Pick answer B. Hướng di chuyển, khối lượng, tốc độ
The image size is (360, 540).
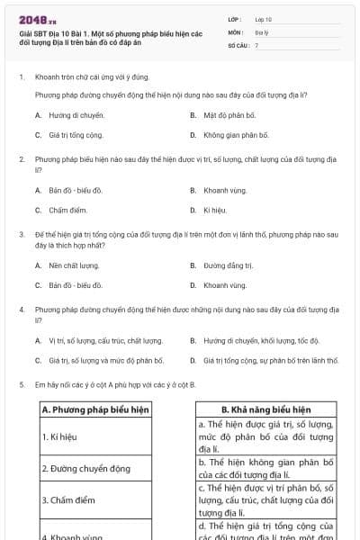260,341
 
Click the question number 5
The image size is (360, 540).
21,384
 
